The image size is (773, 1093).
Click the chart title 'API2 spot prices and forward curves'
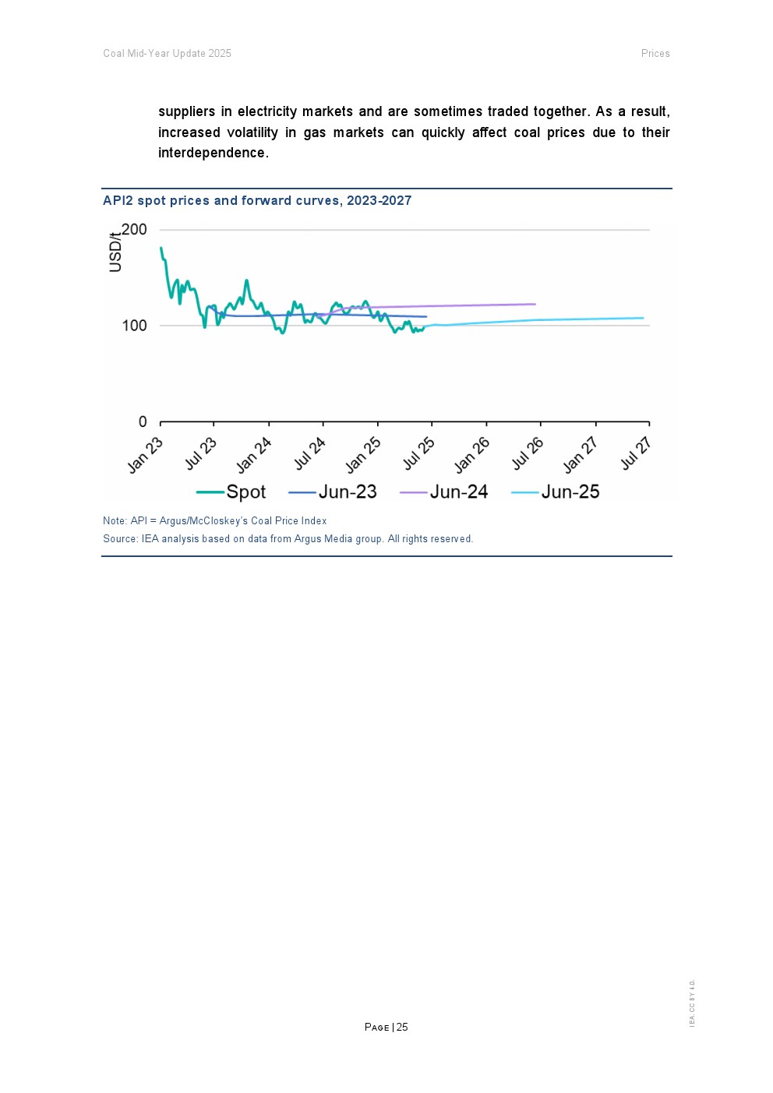257,200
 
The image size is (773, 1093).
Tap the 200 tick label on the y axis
134,230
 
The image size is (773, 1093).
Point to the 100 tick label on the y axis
134,326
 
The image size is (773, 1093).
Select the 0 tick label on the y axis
143,422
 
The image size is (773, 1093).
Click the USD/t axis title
116,252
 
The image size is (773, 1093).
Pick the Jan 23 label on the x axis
146,454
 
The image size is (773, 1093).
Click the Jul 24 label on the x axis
309,453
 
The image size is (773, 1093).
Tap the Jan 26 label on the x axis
472,454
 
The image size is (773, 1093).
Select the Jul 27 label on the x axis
635,453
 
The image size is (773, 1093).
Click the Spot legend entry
245,492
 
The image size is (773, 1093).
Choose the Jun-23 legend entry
347,492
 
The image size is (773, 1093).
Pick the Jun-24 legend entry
458,492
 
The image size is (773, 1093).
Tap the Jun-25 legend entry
570,492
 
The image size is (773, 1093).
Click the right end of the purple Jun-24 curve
535,304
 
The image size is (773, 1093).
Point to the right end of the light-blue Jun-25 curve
644,318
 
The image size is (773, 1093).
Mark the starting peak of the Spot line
161,248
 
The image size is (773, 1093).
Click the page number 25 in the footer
402,1028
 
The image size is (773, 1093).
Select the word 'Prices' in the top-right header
655,54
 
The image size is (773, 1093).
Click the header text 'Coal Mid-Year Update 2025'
168,54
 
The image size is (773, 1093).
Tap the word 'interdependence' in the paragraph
212,153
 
